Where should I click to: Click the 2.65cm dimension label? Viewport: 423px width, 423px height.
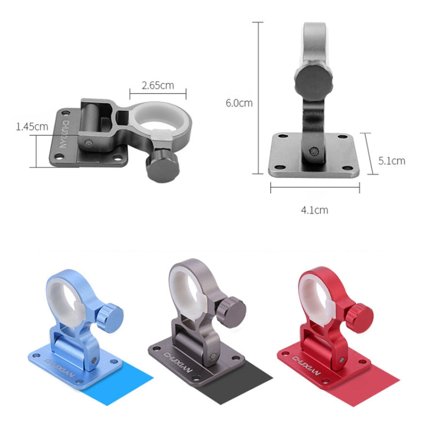tap(157, 86)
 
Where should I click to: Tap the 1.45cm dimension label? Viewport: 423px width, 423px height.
tap(32, 126)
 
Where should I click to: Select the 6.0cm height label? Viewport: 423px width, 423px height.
tap(239, 103)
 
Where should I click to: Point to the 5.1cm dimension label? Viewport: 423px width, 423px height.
tap(391, 161)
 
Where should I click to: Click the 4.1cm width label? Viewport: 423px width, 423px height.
tap(314, 210)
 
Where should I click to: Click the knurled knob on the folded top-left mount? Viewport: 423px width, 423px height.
tap(162, 166)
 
